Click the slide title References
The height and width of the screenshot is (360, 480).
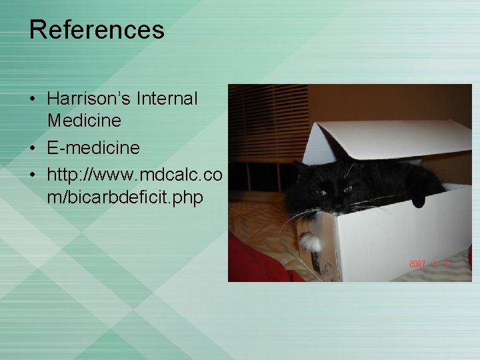97,30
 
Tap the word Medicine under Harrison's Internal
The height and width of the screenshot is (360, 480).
84,121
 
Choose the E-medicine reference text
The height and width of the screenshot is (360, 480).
93,147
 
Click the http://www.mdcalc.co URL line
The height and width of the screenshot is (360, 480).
134,173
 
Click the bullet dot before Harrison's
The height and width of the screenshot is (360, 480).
33,99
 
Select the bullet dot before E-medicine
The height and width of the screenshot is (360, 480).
33,147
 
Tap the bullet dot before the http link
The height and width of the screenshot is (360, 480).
33,174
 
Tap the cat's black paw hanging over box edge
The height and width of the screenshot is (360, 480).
419,198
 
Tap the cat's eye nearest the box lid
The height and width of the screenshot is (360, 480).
347,189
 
